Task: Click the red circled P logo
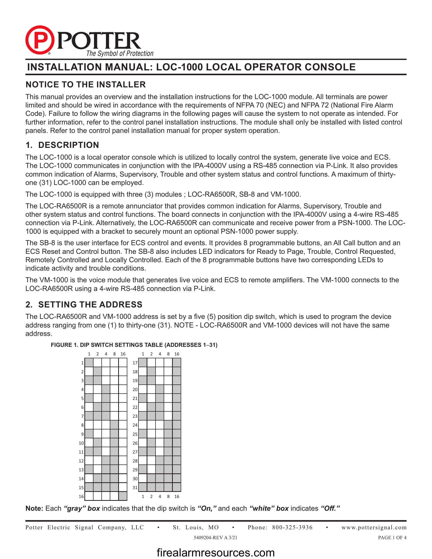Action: click(x=40, y=40)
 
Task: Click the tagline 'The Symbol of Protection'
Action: click(x=120, y=54)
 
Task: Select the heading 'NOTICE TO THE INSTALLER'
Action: click(x=85, y=84)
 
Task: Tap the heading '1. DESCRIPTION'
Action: click(x=62, y=145)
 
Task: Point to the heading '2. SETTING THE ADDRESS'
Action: click(x=84, y=304)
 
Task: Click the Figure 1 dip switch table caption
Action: click(x=134, y=345)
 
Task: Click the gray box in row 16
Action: click(x=123, y=496)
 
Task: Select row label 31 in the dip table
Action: click(x=135, y=487)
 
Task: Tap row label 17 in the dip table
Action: click(x=135, y=363)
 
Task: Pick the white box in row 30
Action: click(x=143, y=478)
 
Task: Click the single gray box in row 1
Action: click(x=89, y=363)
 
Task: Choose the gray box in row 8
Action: click(x=114, y=425)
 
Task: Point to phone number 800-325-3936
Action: click(x=292, y=527)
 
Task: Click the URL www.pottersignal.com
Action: click(x=374, y=527)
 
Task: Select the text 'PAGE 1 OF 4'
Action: click(x=392, y=537)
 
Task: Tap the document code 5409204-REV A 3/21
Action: click(x=215, y=537)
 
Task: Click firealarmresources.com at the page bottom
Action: click(x=215, y=552)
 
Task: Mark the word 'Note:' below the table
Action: click(x=34, y=508)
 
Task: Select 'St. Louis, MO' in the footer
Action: click(x=196, y=527)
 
